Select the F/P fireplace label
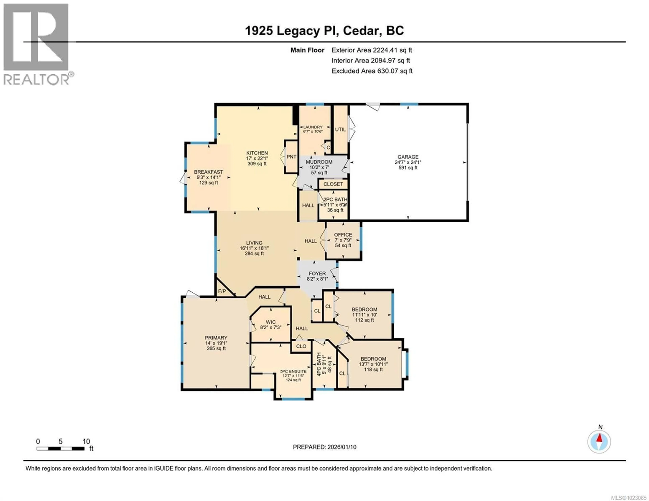pos(222,291)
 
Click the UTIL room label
pos(340,130)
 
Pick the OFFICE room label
pos(343,235)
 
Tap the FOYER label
pos(317,274)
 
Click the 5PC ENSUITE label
pos(293,371)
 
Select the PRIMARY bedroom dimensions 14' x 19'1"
pos(216,343)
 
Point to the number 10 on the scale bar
pos(86,441)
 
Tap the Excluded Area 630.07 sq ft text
pos(372,71)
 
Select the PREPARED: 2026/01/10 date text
pos(324,447)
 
